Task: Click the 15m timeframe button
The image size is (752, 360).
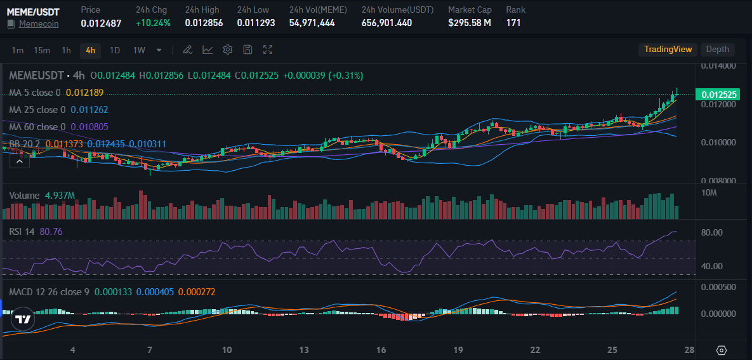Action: click(x=42, y=50)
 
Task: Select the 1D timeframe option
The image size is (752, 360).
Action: click(x=114, y=50)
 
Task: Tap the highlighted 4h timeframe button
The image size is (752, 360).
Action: click(x=90, y=50)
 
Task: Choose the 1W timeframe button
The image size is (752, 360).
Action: click(x=139, y=50)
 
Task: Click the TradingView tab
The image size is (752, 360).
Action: click(x=668, y=50)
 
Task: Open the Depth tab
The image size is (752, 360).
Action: click(x=717, y=50)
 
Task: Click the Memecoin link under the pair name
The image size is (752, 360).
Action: click(x=39, y=23)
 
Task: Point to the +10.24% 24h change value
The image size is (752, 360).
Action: click(x=153, y=23)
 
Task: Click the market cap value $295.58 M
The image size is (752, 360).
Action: click(x=469, y=23)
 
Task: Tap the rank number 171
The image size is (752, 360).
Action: click(x=514, y=23)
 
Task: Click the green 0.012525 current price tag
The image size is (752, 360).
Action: click(x=719, y=95)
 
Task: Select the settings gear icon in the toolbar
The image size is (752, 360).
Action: click(x=228, y=50)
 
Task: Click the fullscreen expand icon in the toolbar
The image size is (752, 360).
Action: click(x=268, y=50)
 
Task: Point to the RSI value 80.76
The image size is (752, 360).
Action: click(x=51, y=232)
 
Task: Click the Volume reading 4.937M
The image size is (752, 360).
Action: click(x=60, y=195)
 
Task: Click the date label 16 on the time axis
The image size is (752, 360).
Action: click(x=381, y=350)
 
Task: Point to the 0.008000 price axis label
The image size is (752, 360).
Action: click(x=718, y=181)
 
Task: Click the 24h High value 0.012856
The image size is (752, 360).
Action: click(x=204, y=23)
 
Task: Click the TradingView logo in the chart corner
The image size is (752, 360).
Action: click(x=23, y=319)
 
